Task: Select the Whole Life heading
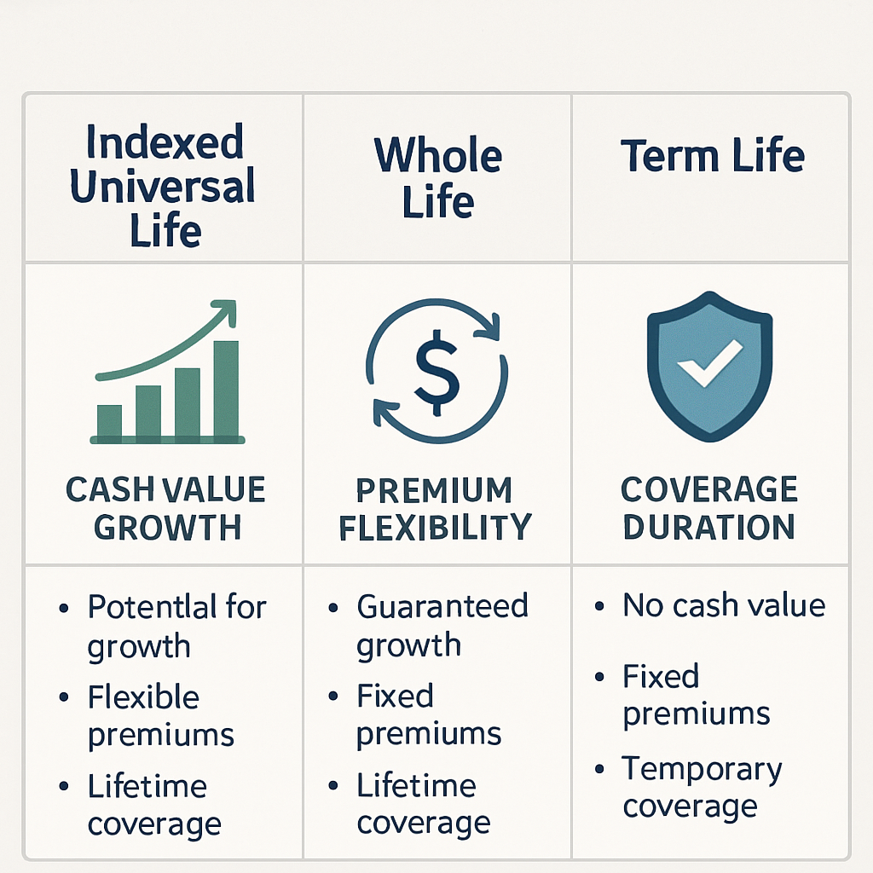tap(438, 179)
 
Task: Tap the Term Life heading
tap(712, 157)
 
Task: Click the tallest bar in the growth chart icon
tap(226, 388)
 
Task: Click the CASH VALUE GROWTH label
tap(165, 509)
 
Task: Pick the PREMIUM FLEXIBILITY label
tap(435, 509)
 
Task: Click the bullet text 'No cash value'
tap(724, 605)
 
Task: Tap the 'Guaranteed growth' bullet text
tap(442, 625)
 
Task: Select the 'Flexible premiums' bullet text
tap(160, 715)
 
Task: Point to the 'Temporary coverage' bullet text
tap(701, 788)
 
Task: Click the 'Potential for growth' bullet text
tap(176, 626)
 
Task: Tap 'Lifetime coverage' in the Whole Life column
tap(423, 804)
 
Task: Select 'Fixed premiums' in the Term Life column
tap(696, 695)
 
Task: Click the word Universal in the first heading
tap(162, 186)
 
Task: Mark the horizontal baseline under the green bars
tap(167, 440)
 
